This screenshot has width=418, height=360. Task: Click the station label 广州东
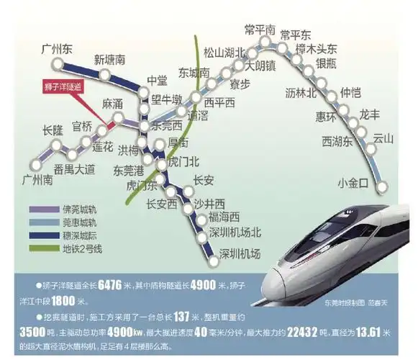[59, 49]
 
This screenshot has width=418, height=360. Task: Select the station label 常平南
[259, 30]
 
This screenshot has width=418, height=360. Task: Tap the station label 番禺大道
[74, 170]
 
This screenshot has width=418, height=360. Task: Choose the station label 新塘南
[110, 60]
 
